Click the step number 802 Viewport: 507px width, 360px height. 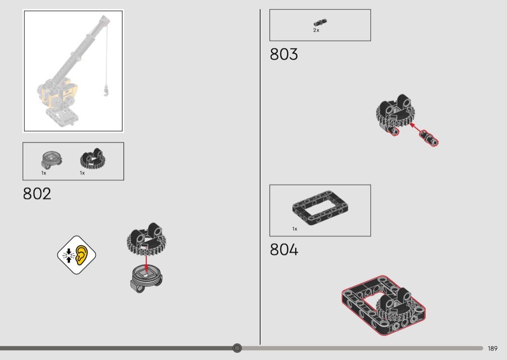tap(37, 194)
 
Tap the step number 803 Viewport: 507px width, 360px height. tap(283, 55)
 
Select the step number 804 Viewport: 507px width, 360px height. tap(284, 250)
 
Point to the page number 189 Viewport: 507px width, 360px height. tap(493, 348)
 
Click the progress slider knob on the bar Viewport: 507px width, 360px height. tap(237, 348)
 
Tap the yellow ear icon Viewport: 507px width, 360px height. tap(82, 255)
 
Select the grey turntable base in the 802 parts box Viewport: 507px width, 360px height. tap(52, 160)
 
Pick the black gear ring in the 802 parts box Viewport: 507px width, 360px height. tap(93, 158)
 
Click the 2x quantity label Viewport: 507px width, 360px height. tap(316, 30)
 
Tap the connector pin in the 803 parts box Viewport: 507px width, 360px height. tap(320, 23)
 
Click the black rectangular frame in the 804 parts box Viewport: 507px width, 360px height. tap(320, 208)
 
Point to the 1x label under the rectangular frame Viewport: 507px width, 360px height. tap(295, 229)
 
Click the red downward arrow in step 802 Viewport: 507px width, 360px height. tap(146, 260)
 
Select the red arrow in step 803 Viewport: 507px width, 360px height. tap(416, 128)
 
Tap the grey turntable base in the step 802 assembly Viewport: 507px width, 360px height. tap(146, 279)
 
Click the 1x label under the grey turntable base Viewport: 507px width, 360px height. tap(43, 173)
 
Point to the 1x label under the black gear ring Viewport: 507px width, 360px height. tap(83, 173)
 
